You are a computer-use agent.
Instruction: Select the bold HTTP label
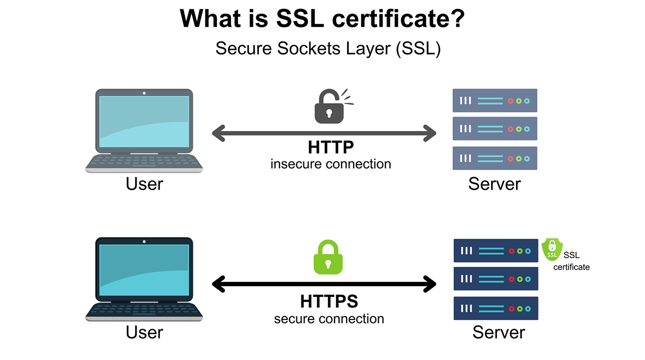coord(330,147)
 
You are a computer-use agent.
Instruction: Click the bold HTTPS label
coord(329,301)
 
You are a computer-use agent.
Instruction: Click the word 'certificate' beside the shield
coord(571,267)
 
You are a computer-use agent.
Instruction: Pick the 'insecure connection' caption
coord(330,163)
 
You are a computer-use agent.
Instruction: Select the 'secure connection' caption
coord(329,318)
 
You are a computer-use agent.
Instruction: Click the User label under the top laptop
coord(144,184)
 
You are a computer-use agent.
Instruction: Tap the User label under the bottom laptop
coord(144,332)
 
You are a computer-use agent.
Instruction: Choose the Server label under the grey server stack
coord(494,184)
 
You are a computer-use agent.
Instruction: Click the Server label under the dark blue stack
coord(498,332)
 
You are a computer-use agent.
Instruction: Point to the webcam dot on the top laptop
coord(144,93)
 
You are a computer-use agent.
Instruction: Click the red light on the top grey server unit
coord(510,100)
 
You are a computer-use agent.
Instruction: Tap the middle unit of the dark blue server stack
coord(495,279)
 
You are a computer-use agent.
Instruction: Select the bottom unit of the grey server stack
coord(494,158)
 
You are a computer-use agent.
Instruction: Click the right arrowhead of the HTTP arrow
coord(429,133)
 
